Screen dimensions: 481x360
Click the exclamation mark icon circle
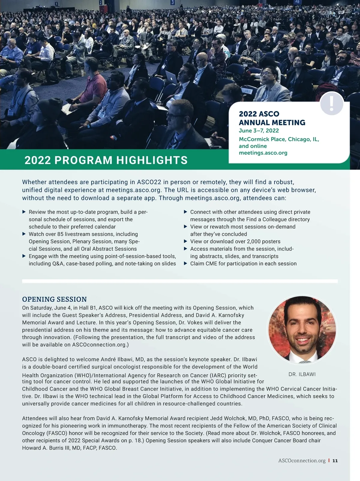pyautogui.click(x=331, y=103)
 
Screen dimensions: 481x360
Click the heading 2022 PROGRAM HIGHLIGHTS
pyautogui.click(x=106, y=160)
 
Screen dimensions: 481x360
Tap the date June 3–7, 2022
pyautogui.click(x=259, y=131)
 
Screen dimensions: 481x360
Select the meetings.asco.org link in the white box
pyautogui.click(x=263, y=153)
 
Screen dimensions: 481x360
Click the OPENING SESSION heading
pyautogui.click(x=54, y=299)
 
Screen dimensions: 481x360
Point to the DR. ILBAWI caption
pyautogui.click(x=302, y=375)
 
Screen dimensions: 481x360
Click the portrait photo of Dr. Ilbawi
pyautogui.click(x=302, y=330)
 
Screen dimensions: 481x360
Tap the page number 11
pyautogui.click(x=335, y=461)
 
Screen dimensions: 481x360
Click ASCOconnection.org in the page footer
pyautogui.click(x=302, y=461)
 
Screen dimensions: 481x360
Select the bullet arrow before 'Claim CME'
pyautogui.click(x=185, y=263)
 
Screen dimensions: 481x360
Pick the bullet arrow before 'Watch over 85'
pyautogui.click(x=24, y=234)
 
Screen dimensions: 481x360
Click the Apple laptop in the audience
pyautogui.click(x=171, y=78)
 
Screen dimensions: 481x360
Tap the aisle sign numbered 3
pyautogui.click(x=172, y=2)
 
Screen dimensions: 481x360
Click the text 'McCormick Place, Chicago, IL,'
pyautogui.click(x=279, y=139)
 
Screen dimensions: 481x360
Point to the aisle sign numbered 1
pyautogui.click(x=56, y=4)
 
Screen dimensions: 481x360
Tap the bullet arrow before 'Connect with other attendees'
pyautogui.click(x=185, y=212)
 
